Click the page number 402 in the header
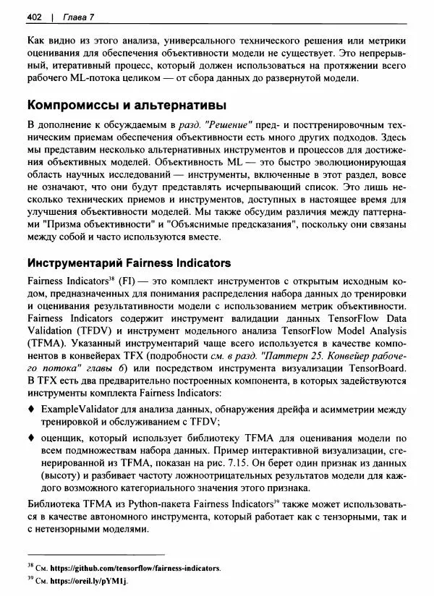tap(33, 17)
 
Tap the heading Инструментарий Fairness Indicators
tap(129, 263)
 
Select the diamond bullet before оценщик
tap(30, 438)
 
